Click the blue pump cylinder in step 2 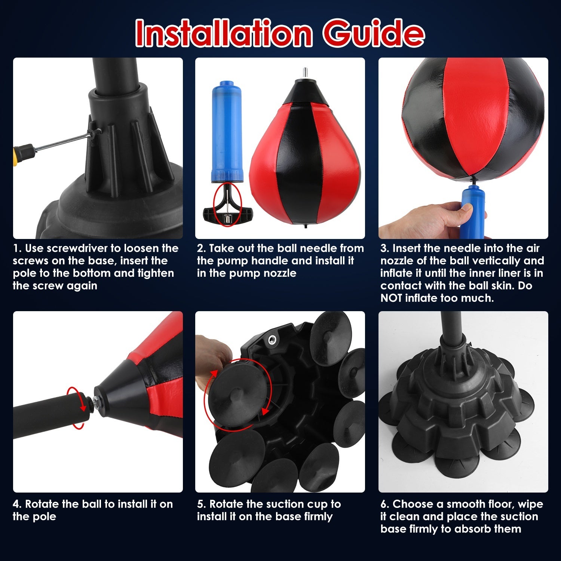point(226,131)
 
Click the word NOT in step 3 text point(392,298)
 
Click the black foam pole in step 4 point(45,415)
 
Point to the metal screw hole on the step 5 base point(272,339)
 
